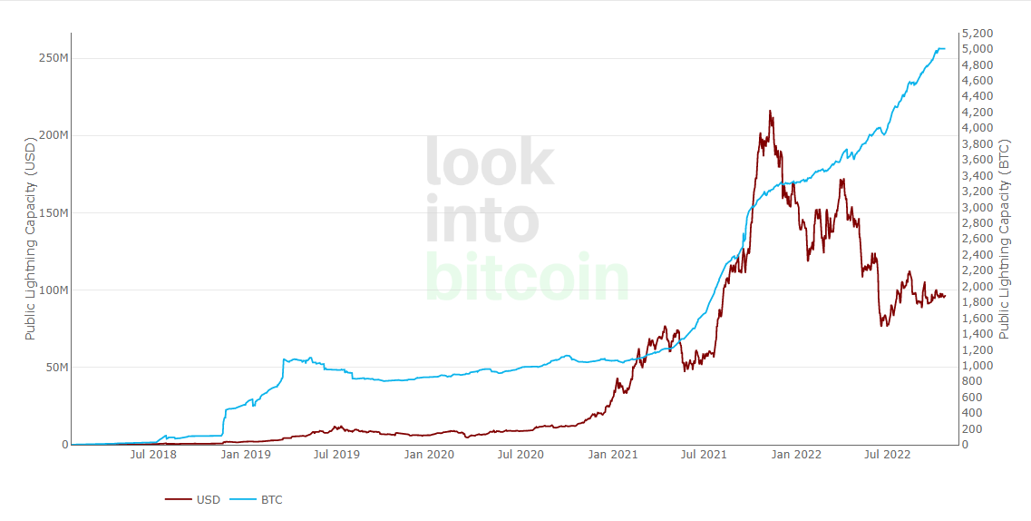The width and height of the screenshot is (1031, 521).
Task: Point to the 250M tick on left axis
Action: pyautogui.click(x=53, y=58)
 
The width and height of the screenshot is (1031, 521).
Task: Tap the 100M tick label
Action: pyautogui.click(x=53, y=290)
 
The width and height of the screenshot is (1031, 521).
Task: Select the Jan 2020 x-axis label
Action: pyautogui.click(x=429, y=454)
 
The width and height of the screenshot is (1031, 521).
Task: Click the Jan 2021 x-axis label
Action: pyautogui.click(x=611, y=454)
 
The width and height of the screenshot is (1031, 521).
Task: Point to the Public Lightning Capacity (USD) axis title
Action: pyautogui.click(x=30, y=238)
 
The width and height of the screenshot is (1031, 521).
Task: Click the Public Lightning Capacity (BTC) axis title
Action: pyautogui.click(x=1004, y=238)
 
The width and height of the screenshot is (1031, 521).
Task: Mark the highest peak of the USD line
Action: pyautogui.click(x=770, y=111)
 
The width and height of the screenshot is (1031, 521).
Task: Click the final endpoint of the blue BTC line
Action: pyautogui.click(x=944, y=48)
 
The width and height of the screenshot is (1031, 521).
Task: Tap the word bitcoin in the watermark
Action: pyautogui.click(x=526, y=277)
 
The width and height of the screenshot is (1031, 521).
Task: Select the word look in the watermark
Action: pyautogui.click(x=489, y=162)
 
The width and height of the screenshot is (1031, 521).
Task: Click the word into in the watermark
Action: pyautogui.click(x=481, y=220)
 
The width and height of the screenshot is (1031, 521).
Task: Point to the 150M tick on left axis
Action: pyautogui.click(x=53, y=213)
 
